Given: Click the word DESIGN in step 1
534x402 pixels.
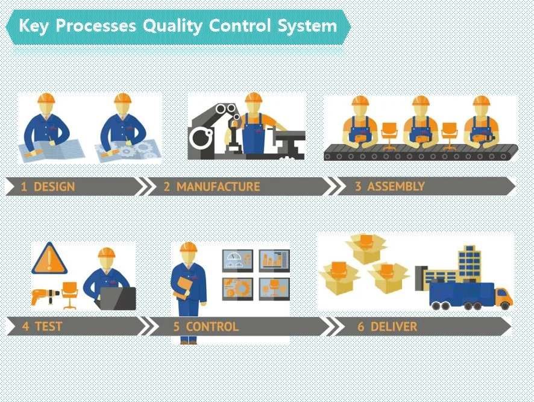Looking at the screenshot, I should click(54, 187).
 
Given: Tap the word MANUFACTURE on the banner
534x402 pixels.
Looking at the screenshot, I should click(218, 187).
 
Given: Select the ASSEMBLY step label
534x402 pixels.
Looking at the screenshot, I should click(396, 186).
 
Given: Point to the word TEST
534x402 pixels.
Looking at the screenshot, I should click(48, 327).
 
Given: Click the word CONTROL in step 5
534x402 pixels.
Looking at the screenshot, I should click(212, 327).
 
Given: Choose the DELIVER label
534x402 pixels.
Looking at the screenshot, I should click(394, 327).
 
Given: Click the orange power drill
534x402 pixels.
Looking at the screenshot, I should click(45, 295).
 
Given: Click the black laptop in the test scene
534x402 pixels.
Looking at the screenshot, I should click(118, 298).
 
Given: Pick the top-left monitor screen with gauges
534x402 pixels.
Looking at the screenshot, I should click(237, 261).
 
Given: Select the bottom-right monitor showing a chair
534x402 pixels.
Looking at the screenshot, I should click(274, 289).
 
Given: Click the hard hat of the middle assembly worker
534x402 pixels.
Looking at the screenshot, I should click(421, 101).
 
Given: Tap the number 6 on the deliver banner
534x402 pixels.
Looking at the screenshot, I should click(360, 327).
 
